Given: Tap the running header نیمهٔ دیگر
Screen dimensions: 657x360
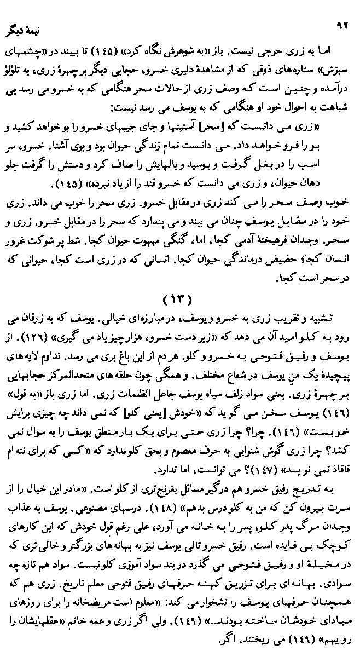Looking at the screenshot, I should (24, 27).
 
